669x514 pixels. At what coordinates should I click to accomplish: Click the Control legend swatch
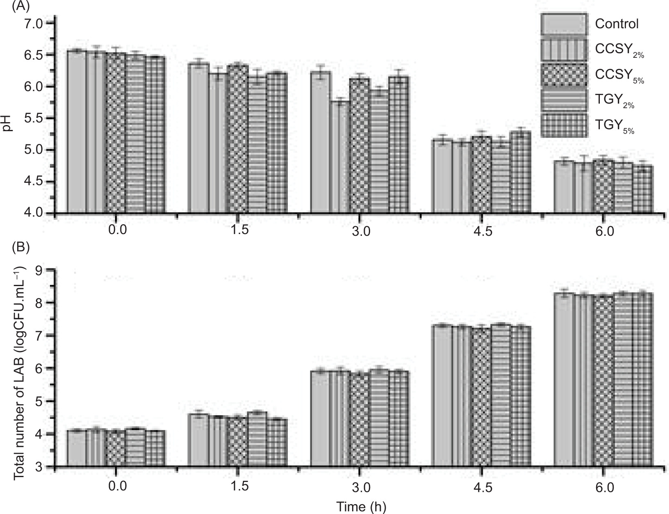coord(564,24)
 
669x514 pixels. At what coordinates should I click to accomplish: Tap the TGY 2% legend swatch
coord(564,100)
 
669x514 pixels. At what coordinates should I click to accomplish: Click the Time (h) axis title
coord(361,507)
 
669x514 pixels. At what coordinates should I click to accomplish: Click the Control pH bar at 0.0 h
coord(77,131)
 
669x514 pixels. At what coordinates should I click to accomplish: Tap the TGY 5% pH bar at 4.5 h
coord(521,172)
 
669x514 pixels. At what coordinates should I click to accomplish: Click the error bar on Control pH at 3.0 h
coord(321,71)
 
